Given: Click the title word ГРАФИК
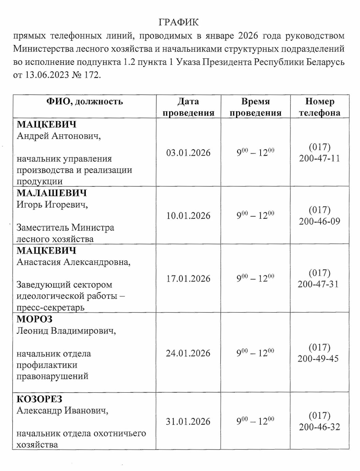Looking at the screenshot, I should tap(178, 22).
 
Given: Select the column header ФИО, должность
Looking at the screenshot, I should tap(84, 102).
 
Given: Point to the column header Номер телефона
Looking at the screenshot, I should tap(319, 107).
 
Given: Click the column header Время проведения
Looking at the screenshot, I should tap(255, 107).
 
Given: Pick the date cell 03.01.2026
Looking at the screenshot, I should tap(188, 153).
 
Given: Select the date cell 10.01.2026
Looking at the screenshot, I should tap(188, 216).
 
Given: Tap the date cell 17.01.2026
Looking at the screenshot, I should tap(188, 279).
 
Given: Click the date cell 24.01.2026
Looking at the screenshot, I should tap(188, 353).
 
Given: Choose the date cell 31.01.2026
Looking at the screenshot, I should tap(188, 422).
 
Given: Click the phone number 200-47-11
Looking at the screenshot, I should tap(319, 158).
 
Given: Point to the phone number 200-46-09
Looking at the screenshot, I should tap(319, 222).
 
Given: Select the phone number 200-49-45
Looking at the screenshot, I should tap(318, 359).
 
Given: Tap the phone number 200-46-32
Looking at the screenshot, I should tap(319, 427).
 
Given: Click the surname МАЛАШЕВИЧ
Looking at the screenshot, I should tap(52, 193).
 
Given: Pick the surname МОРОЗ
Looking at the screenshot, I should tap(35, 319).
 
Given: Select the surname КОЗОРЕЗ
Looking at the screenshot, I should tap(40, 399).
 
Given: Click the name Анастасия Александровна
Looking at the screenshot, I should tap(73, 262).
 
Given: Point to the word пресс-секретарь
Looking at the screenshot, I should tap(50, 308).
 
